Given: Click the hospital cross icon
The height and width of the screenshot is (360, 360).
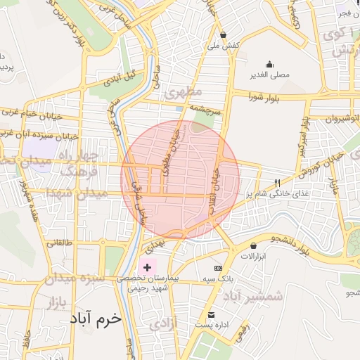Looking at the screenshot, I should (x=147, y=267).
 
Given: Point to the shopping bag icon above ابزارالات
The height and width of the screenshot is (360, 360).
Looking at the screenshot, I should (x=253, y=245).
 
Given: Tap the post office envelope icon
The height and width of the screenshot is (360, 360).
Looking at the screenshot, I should (x=212, y=314).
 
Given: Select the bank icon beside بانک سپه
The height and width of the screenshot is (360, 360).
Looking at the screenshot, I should (x=218, y=268).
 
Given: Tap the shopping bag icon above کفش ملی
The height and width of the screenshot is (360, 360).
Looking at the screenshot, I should (x=224, y=34).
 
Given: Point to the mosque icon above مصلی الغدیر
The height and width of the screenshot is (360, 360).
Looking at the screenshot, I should (x=269, y=64).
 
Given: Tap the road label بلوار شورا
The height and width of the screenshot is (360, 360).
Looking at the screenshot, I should (x=264, y=98).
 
